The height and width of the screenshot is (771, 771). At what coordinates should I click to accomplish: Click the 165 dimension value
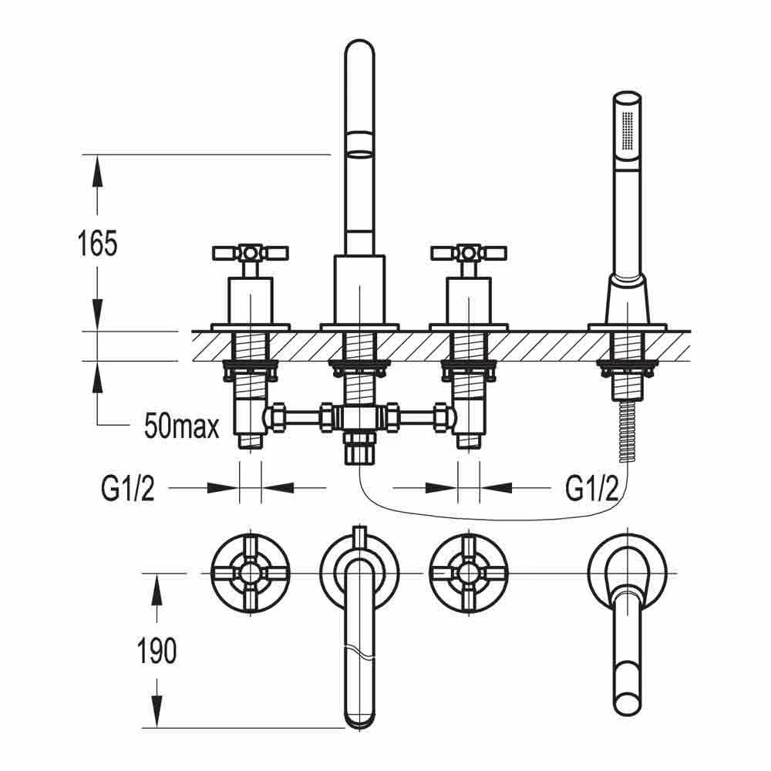(x=97, y=244)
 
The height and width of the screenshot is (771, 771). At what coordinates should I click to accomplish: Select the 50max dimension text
(x=182, y=426)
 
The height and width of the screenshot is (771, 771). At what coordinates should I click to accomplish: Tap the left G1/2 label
(x=127, y=488)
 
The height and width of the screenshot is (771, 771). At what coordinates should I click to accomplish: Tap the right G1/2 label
(x=592, y=488)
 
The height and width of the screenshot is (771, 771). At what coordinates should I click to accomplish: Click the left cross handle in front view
(x=249, y=253)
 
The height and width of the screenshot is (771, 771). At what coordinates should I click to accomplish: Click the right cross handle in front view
(x=470, y=253)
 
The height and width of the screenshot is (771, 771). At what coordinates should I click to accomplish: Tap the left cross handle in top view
(x=250, y=572)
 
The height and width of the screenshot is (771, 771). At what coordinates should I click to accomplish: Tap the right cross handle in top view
(x=470, y=572)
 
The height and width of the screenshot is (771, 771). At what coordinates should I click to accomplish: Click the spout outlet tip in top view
(x=359, y=717)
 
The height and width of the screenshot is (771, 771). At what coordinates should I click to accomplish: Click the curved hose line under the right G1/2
(x=493, y=516)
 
